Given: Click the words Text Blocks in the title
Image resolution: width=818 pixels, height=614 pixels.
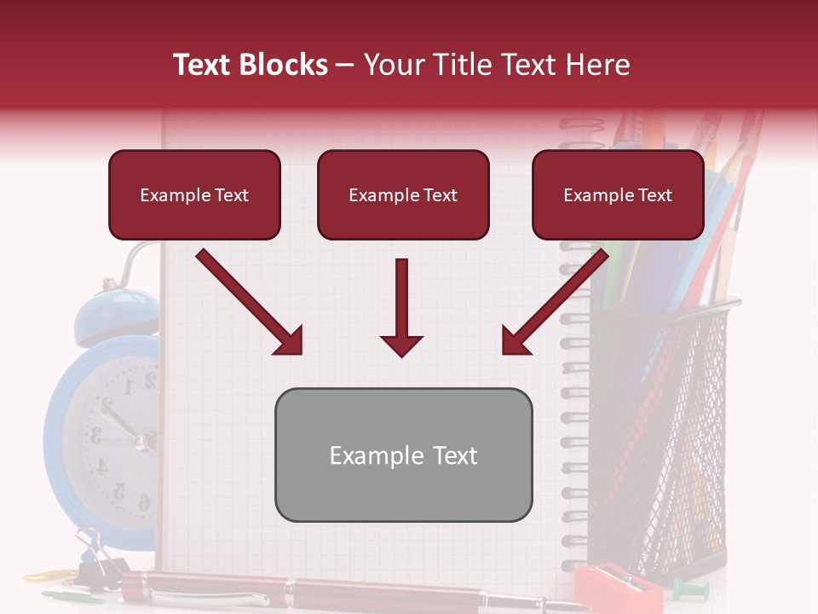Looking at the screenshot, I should point(250,65).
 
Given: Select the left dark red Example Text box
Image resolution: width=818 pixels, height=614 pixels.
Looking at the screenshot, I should point(194,195).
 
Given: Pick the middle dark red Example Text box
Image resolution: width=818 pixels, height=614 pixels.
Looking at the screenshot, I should point(403,195).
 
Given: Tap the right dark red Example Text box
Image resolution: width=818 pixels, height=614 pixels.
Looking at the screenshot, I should point(618,195).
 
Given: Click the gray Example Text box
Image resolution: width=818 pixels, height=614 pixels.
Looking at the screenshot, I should point(403,455).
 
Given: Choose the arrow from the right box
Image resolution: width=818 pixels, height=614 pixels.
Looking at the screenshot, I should point(556,303).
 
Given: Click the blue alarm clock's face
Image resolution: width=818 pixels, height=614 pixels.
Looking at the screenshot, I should point(119,426).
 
